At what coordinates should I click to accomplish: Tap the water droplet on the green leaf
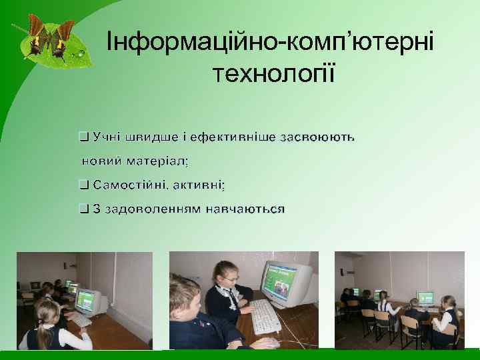pos(81,52)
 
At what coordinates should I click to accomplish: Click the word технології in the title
pos(273,73)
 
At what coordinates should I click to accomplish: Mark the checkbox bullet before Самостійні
pos(83,185)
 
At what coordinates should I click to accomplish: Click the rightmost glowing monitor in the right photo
pos(425,297)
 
